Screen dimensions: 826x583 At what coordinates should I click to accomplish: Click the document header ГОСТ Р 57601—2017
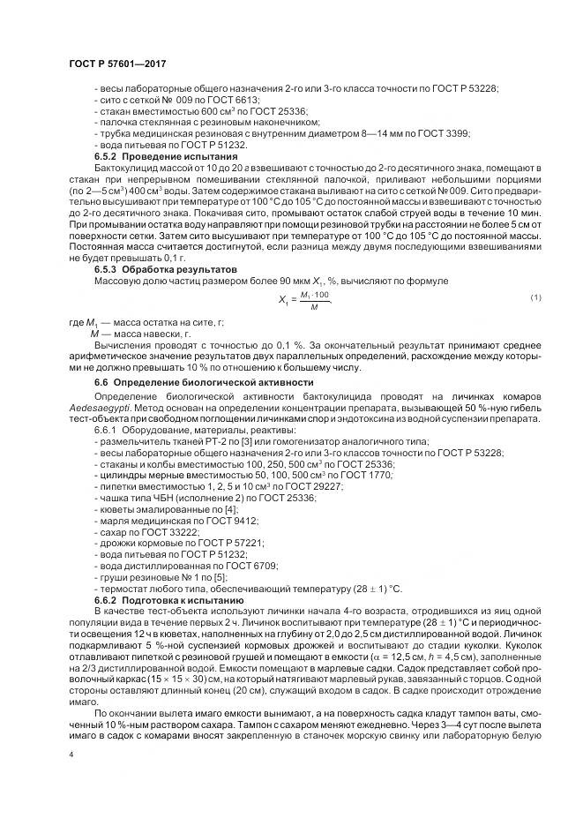[117, 64]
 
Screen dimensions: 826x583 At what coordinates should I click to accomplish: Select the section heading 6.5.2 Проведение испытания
[154, 156]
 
